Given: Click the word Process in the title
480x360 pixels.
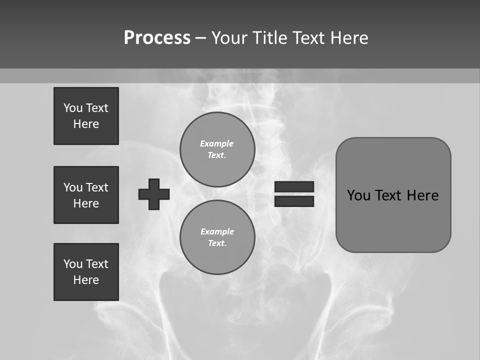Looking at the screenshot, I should tap(157, 38).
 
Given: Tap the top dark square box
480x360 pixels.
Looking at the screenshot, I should tap(86, 116).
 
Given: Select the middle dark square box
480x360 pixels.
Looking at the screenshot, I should tap(86, 195).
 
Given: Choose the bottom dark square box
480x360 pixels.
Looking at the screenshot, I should tap(86, 272).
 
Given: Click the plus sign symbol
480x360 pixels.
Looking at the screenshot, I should tap(154, 194).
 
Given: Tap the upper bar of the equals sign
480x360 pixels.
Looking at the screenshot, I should tap(294, 186).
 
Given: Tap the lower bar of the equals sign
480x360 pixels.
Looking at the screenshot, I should tap(294, 201).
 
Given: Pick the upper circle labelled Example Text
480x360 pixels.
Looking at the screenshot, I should tap(217, 149).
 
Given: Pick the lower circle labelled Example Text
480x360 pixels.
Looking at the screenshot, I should tap(217, 237).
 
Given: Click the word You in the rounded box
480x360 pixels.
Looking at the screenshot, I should tap(358, 195).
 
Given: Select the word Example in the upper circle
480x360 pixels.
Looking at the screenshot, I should tap(216, 143).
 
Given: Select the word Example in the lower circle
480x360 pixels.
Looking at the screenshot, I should tap(217, 231).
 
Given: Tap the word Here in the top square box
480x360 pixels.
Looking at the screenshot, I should tap(86, 124).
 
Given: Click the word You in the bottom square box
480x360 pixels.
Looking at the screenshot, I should tap(73, 264).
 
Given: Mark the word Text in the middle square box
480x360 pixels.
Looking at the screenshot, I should tap(97, 187).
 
